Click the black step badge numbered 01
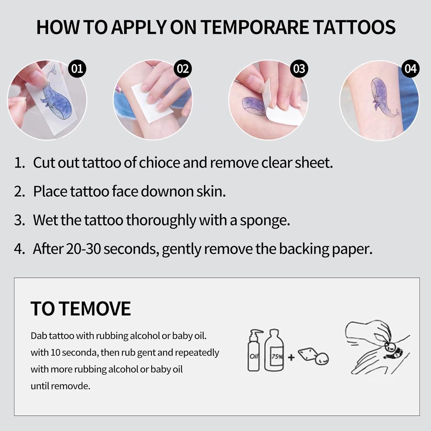77,69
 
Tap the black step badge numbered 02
183,69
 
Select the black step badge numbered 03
299,69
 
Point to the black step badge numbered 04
410,69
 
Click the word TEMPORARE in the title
254,27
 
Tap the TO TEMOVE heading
81,309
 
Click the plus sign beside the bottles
291,357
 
